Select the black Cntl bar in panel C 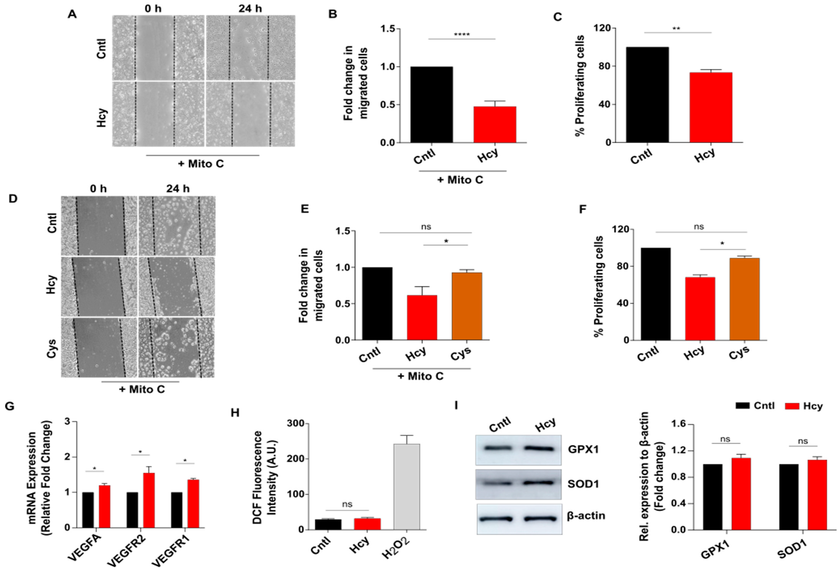click(647, 95)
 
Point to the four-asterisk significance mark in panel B click(462, 35)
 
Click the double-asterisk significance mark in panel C click(676, 29)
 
